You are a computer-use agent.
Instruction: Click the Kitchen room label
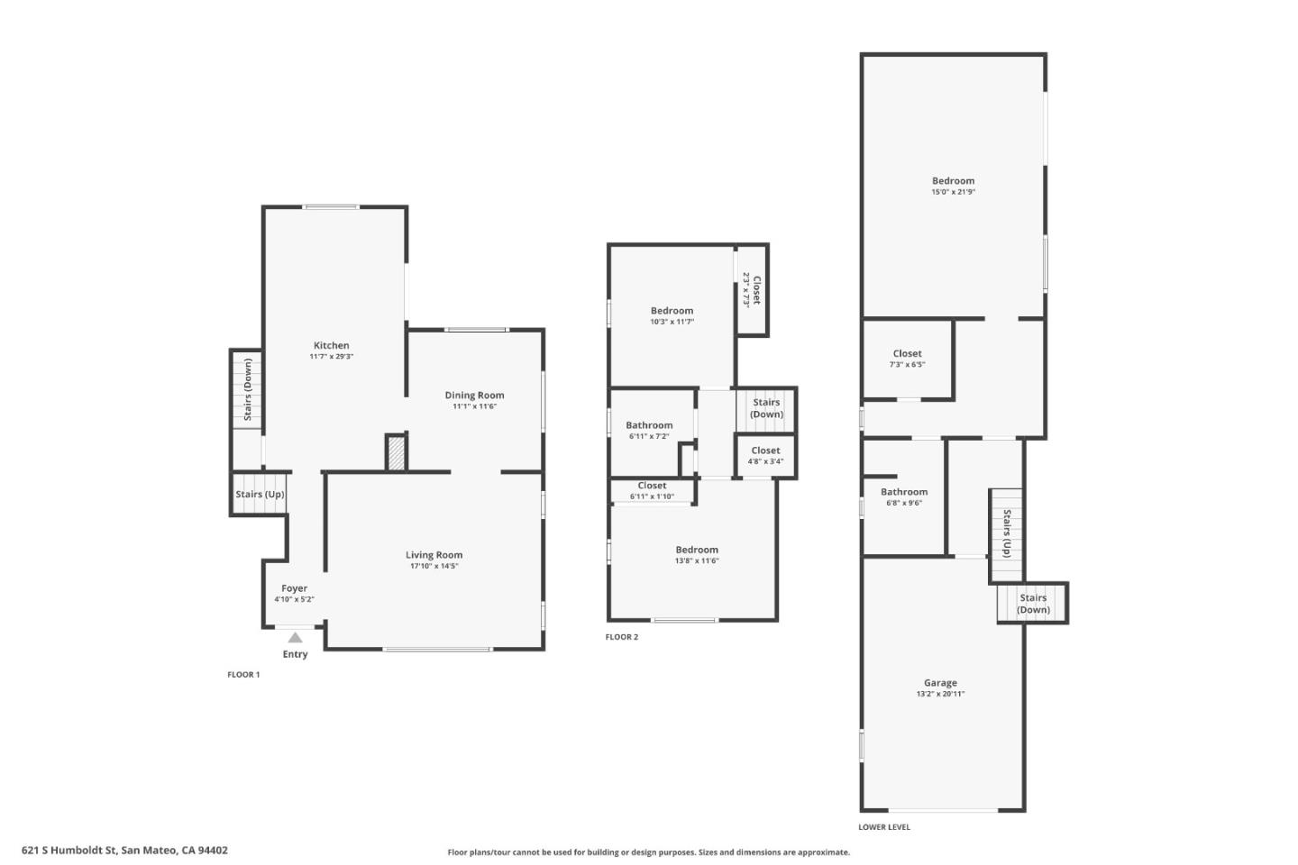pos(331,346)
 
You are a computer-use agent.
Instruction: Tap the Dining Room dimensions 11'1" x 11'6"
pos(474,406)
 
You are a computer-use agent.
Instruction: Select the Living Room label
pos(434,555)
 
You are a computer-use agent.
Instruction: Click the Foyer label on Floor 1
pos(294,588)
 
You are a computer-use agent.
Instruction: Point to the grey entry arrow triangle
pos(295,637)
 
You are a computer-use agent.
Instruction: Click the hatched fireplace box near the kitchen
pos(396,452)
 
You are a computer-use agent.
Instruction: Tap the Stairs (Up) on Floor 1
pos(260,494)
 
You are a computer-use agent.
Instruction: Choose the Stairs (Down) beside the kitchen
pos(248,389)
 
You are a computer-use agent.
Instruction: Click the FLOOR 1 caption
pos(243,674)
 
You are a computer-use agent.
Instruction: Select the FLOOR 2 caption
pos(621,637)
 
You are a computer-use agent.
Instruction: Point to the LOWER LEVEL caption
pos(883,826)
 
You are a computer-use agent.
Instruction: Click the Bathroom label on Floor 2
pos(649,425)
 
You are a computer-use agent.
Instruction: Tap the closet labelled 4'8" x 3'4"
pos(765,456)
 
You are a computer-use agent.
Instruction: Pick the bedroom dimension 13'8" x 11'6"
pos(697,560)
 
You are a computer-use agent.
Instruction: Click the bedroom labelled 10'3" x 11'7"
pos(672,315)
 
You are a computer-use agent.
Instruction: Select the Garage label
pos(940,683)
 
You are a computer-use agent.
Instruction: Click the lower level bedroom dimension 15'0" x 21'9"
pos(953,192)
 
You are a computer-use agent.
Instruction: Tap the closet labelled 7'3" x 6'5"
pos(907,359)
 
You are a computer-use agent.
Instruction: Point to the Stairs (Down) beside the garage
pos(1033,604)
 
